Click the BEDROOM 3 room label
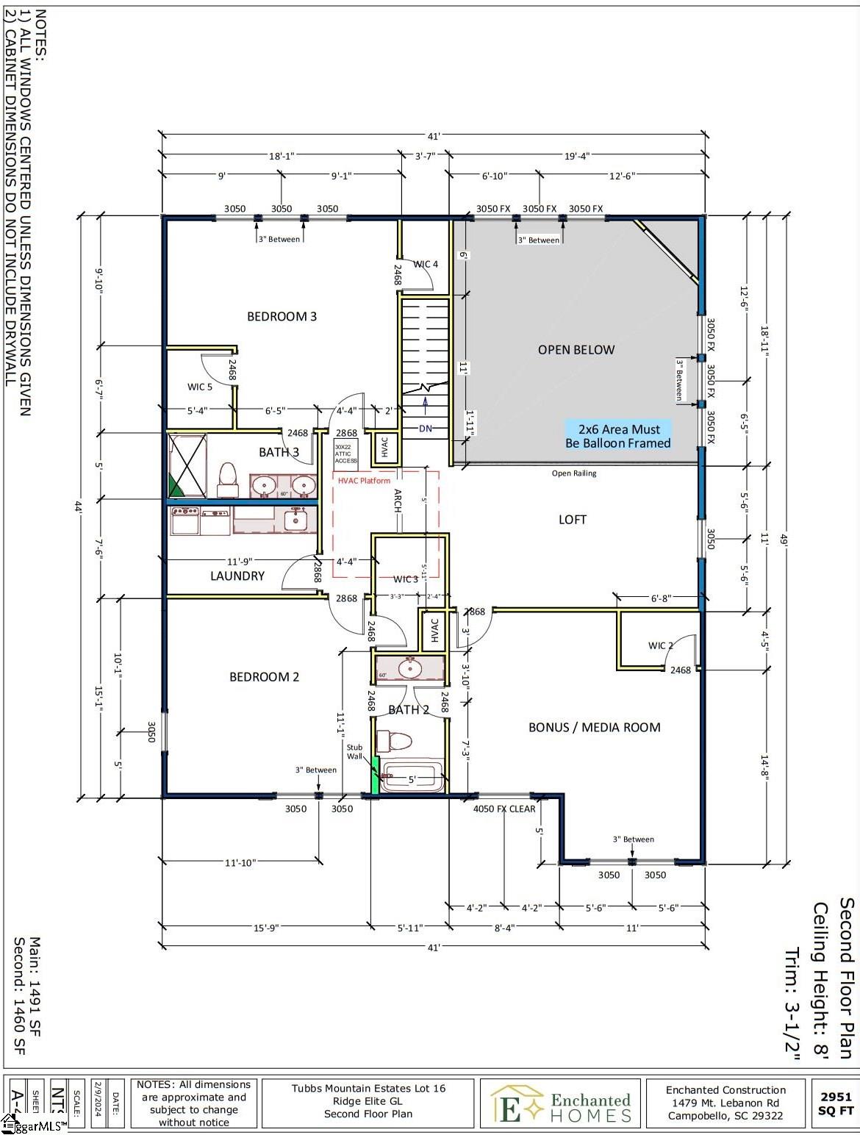(282, 317)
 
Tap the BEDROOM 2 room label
(264, 677)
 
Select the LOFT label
(572, 520)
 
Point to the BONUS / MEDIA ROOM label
(594, 728)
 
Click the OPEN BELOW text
(576, 350)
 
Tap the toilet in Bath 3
(227, 479)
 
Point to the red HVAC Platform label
(364, 481)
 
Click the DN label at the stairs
(426, 429)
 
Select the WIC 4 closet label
(426, 265)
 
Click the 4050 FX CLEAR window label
(504, 809)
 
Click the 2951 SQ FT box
(836, 1103)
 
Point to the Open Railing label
(574, 473)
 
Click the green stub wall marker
(375, 777)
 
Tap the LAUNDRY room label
(237, 576)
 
